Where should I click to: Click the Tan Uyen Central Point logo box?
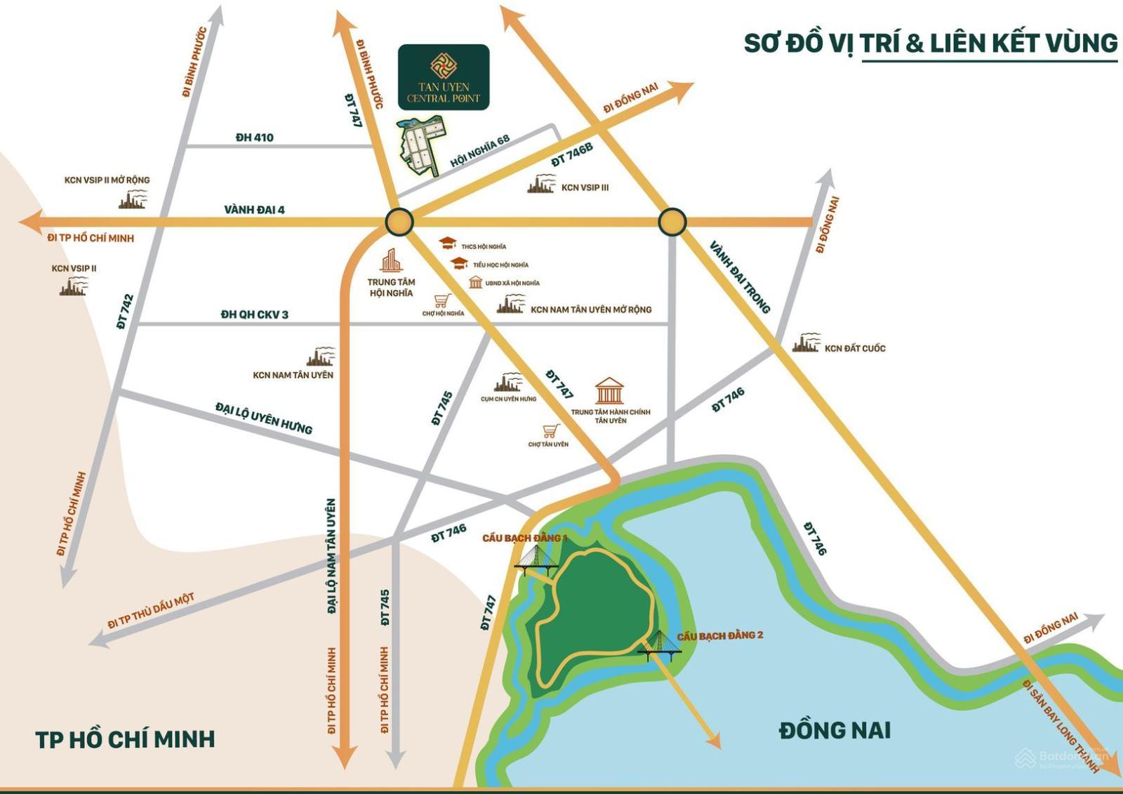[444, 77]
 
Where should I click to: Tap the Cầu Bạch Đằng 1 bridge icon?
[536, 561]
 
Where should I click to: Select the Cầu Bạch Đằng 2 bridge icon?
[660, 646]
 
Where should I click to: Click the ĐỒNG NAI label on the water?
[835, 731]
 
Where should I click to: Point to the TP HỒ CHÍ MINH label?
[125, 739]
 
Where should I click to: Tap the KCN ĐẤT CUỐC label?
[854, 348]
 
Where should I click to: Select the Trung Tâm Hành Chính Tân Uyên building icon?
[609, 391]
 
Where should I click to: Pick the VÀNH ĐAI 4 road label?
[254, 210]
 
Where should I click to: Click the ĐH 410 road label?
[254, 138]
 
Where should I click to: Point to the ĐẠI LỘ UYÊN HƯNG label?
[263, 418]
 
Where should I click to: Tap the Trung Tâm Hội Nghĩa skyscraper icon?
[391, 261]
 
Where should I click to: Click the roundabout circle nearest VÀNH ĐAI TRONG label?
[672, 222]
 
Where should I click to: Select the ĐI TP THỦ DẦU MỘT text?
[151, 611]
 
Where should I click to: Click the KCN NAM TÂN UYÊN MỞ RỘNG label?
[590, 310]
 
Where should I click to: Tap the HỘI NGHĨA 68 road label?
[480, 151]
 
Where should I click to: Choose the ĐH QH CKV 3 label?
[254, 315]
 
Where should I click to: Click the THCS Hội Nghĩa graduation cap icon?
[447, 244]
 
